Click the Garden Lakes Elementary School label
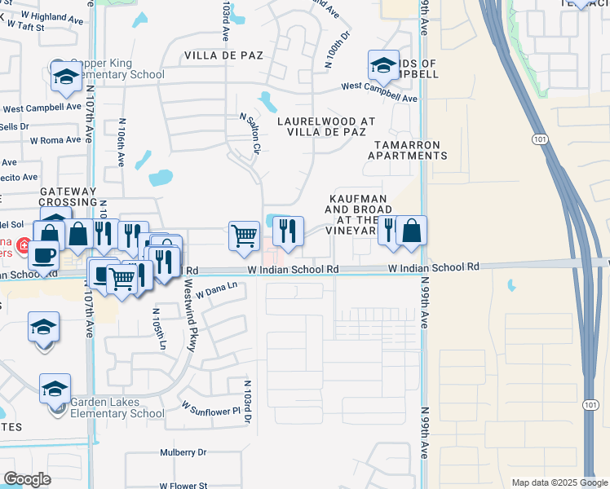117,407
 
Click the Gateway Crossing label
68,196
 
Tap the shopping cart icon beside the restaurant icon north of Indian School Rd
244,236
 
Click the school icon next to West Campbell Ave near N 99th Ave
382,64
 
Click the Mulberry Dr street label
183,452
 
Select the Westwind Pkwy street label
188,315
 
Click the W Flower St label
185,485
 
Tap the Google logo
28,478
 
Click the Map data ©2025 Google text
559,482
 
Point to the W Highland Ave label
52,14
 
